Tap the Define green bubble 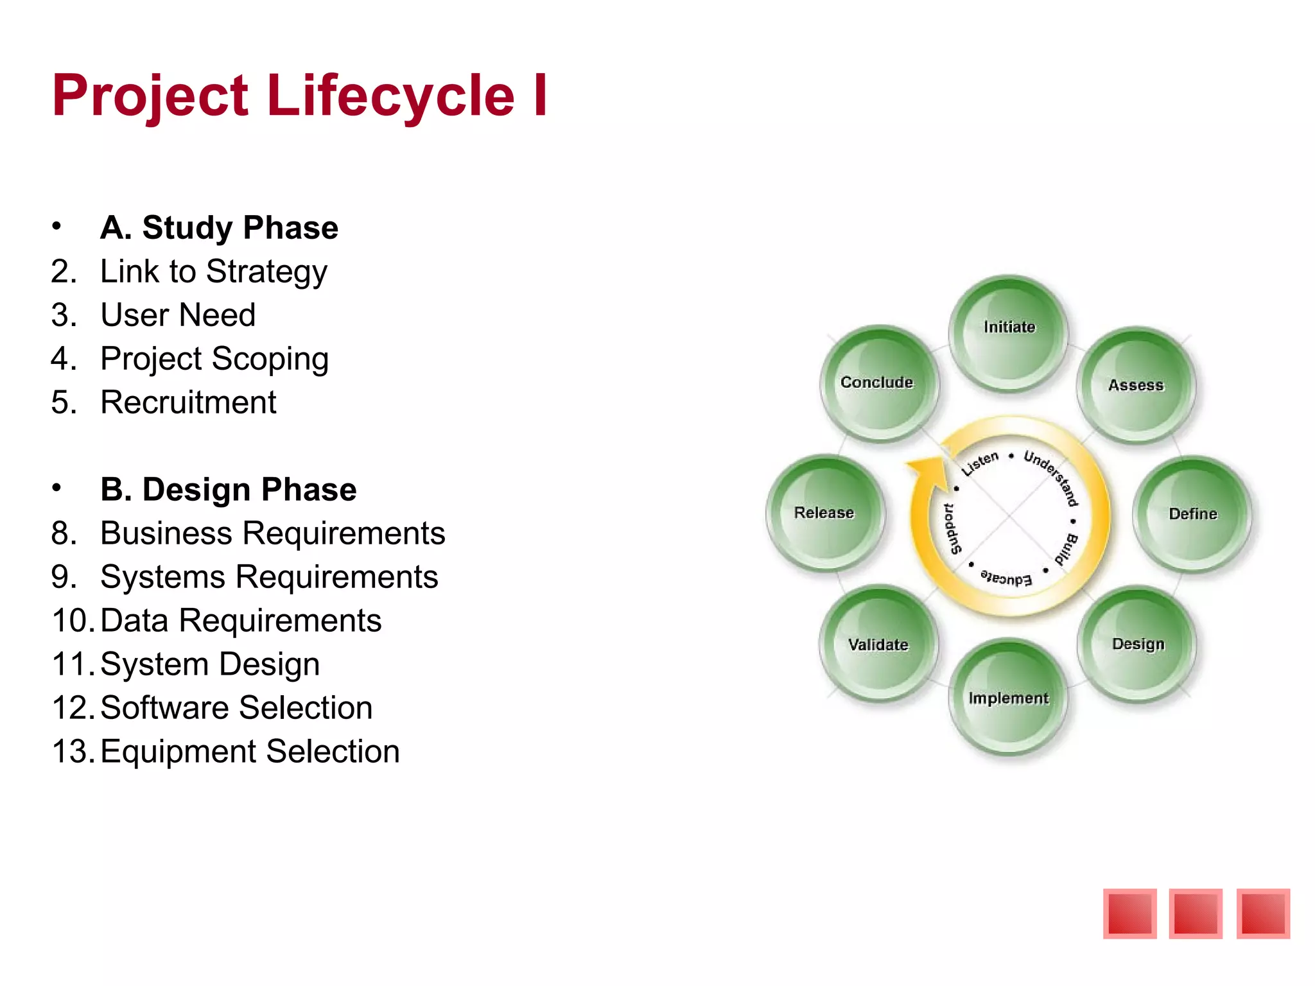coord(1192,514)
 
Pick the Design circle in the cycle coord(1137,644)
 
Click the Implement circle coord(1008,698)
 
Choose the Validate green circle coord(878,644)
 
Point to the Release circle coord(825,513)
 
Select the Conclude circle coord(878,384)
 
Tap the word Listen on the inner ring coord(980,463)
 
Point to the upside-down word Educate coord(1006,578)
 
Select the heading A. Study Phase coord(219,228)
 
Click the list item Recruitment coord(188,402)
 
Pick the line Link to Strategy coord(213,272)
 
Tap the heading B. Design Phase coord(228,490)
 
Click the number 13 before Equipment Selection coord(72,752)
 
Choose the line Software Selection coord(236,708)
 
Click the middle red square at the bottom coord(1196,913)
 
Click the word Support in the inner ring coord(952,528)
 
